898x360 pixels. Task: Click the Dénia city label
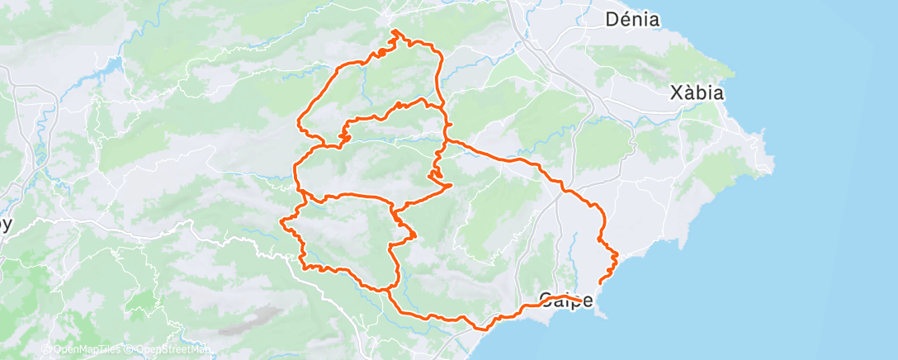pos(632,19)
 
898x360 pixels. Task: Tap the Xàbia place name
pos(697,92)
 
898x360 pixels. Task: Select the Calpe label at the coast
pos(565,301)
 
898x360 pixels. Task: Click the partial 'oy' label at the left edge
pos(6,225)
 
